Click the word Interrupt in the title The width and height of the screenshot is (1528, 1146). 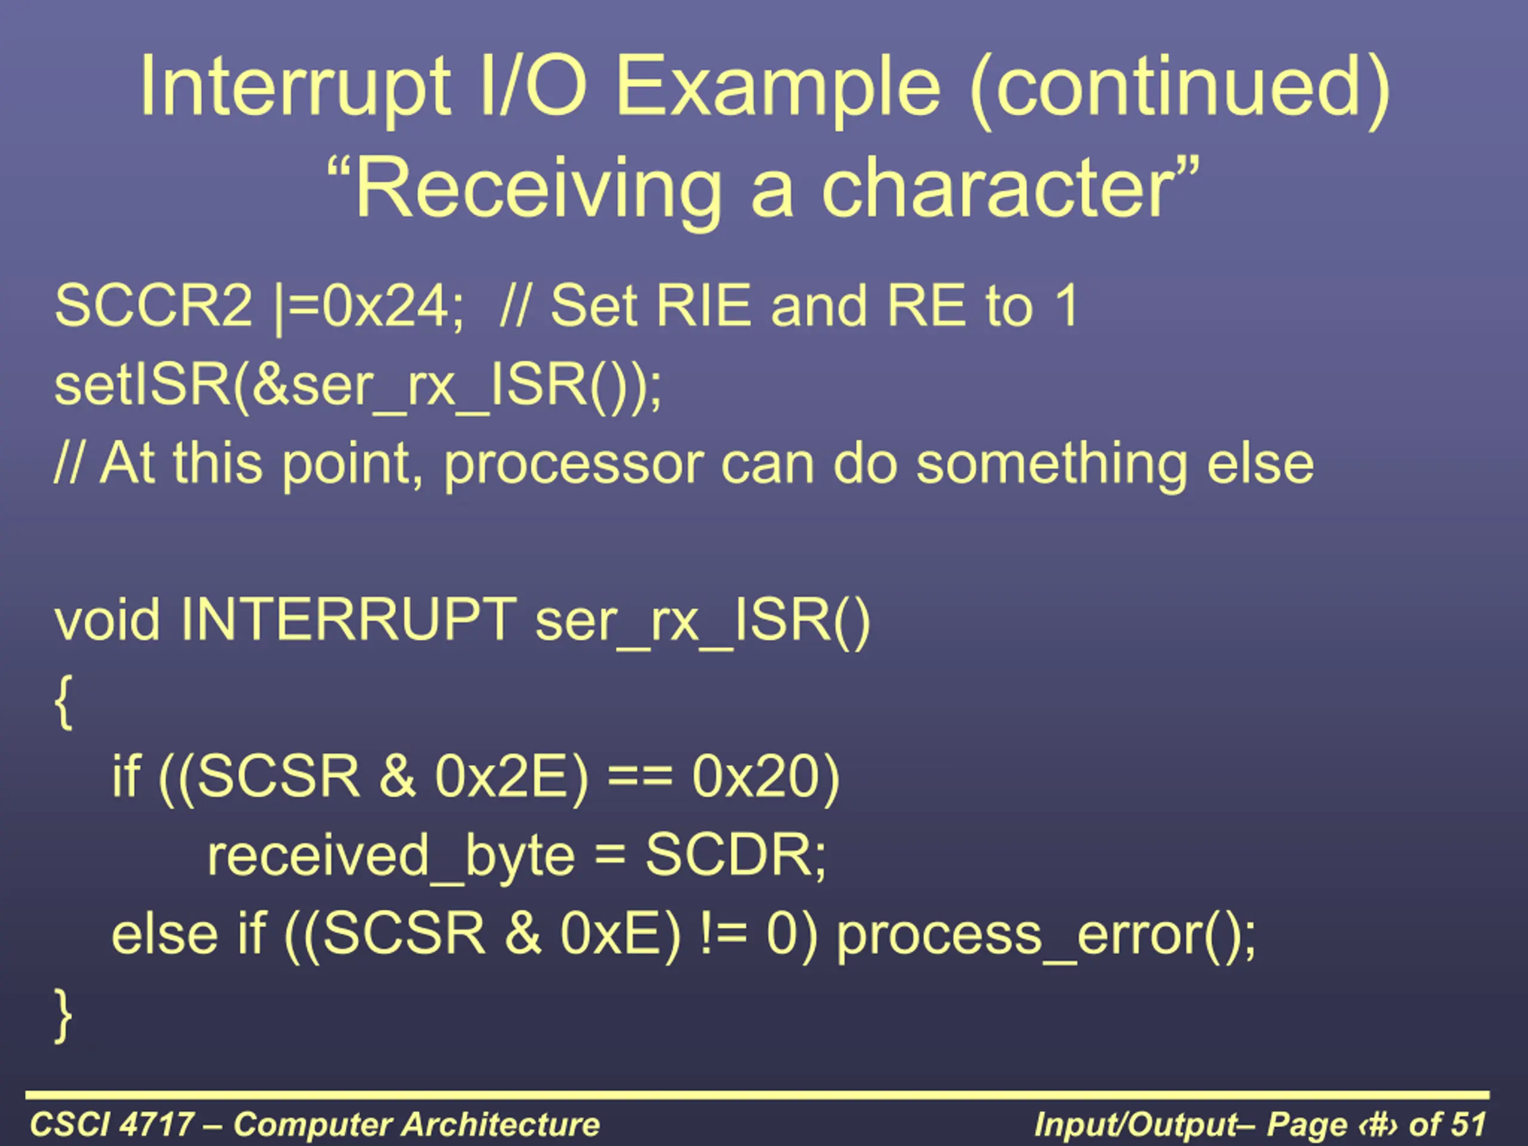pyautogui.click(x=295, y=88)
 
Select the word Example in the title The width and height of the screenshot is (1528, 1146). pyautogui.click(x=778, y=88)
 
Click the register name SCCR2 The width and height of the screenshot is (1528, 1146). pyautogui.click(x=153, y=306)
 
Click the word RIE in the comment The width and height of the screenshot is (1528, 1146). pyautogui.click(x=703, y=306)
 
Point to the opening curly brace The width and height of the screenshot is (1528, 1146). pyautogui.click(x=63, y=702)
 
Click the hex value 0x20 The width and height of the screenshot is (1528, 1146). pyautogui.click(x=756, y=777)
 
